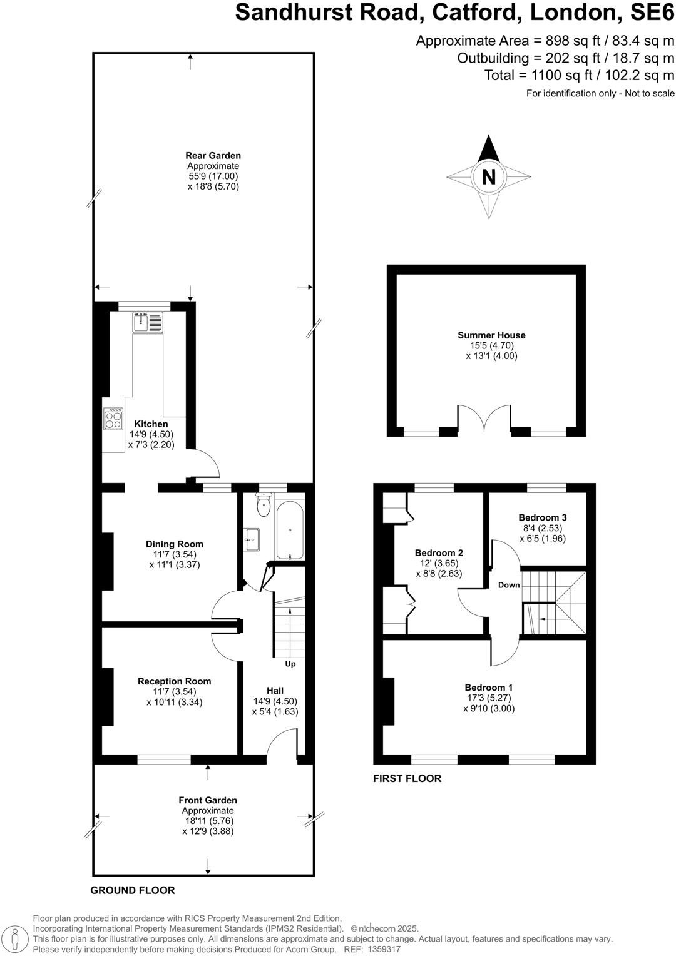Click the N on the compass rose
pos(488,177)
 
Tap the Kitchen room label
pos(151,424)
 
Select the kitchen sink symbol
pos(147,322)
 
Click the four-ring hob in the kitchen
pos(113,418)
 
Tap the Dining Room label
pos(174,544)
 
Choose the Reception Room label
pos(174,681)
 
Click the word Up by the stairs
pos(290,663)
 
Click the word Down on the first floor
pos(509,585)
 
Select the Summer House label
pos(491,335)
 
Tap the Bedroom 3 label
pos(542,517)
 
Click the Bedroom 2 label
pos(439,552)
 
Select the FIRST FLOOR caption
pos(407,778)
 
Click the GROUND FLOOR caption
pos(133,890)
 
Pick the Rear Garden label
pos(213,155)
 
